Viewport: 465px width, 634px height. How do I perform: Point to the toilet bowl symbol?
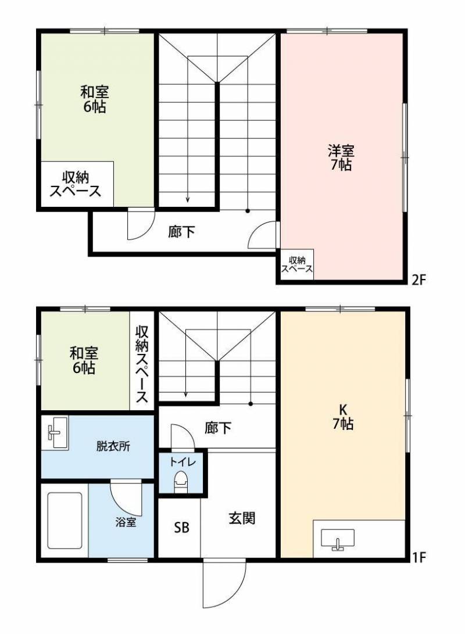(181, 482)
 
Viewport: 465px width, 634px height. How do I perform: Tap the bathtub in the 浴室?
(65, 521)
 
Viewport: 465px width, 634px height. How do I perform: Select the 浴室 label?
(126, 522)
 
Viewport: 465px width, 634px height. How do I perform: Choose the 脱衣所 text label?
(113, 447)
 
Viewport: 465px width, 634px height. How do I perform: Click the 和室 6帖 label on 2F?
(94, 99)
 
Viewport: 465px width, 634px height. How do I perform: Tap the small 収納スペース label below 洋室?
(296, 264)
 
